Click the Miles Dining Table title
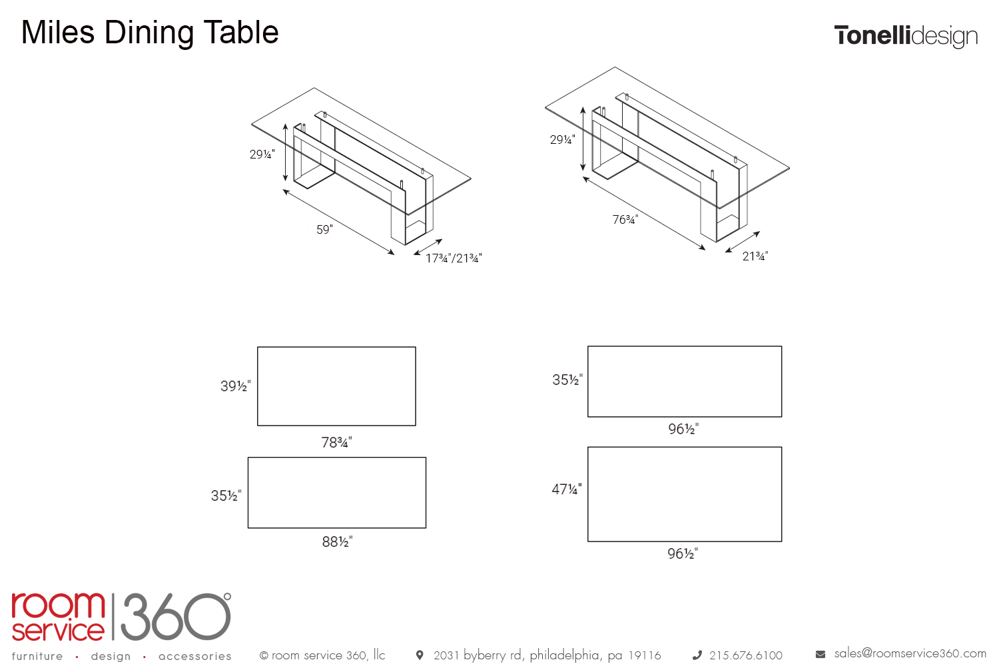pyautogui.click(x=150, y=33)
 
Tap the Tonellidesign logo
pyautogui.click(x=906, y=37)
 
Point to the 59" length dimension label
pyautogui.click(x=325, y=230)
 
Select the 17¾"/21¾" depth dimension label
pyautogui.click(x=454, y=258)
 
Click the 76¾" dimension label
pyautogui.click(x=625, y=220)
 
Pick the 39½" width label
pyautogui.click(x=236, y=386)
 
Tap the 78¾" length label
pyautogui.click(x=337, y=442)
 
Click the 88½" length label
pyautogui.click(x=337, y=541)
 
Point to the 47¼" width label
pyautogui.click(x=567, y=490)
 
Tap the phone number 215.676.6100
pyautogui.click(x=746, y=655)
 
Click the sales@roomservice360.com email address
pyautogui.click(x=910, y=653)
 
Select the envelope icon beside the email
pyautogui.click(x=820, y=655)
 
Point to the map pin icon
pyautogui.click(x=419, y=655)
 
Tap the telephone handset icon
pyautogui.click(x=697, y=655)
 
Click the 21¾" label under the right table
pyautogui.click(x=755, y=256)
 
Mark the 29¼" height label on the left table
pyautogui.click(x=262, y=155)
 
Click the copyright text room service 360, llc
pyautogui.click(x=322, y=655)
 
